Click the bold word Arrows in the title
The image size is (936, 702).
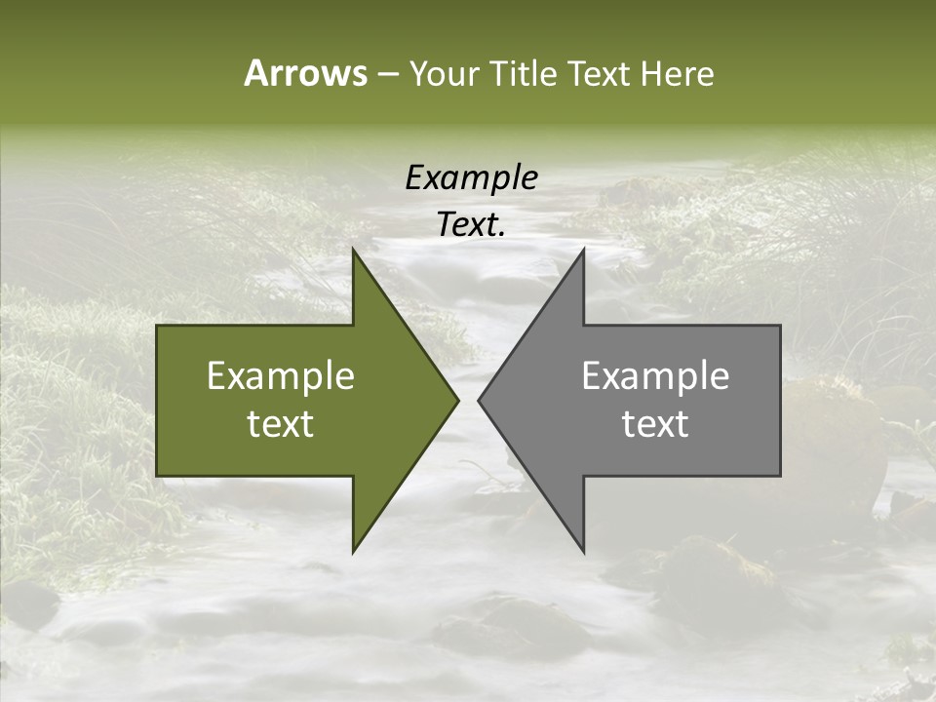pos(305,73)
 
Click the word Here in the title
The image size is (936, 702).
pos(678,74)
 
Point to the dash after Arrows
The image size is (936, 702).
pos(387,75)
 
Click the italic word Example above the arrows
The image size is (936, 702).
pos(471,178)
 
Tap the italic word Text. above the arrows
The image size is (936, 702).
pos(471,225)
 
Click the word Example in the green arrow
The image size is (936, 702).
pos(280,376)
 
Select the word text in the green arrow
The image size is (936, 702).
pos(280,424)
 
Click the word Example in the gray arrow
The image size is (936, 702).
pos(655,376)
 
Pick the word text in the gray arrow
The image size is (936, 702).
pos(655,424)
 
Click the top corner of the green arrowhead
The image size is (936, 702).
pos(354,251)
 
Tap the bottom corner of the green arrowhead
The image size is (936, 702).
pos(354,551)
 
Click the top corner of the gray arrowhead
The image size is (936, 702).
pos(583,251)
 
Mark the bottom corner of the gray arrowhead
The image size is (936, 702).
pos(583,551)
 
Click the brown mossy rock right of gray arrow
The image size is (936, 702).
pos(834,439)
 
